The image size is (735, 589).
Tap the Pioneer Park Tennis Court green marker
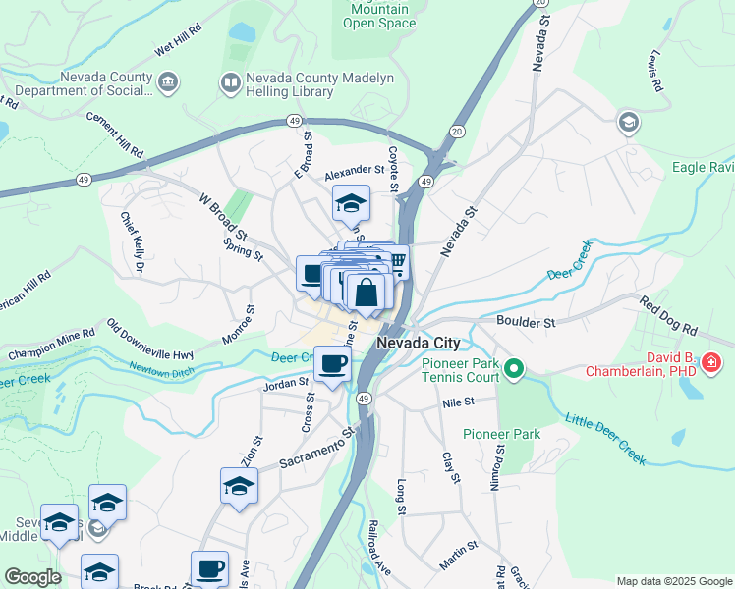[x=513, y=369]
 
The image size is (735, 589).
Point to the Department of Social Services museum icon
[x=168, y=80]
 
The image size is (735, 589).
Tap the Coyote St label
[x=393, y=169]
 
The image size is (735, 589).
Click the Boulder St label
[x=526, y=321]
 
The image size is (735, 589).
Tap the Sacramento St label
[x=315, y=448]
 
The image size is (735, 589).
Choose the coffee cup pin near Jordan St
[x=334, y=364]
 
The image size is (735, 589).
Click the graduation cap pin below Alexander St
[x=351, y=203]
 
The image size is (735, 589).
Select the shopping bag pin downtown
[x=366, y=292]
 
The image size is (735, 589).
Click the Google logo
[x=32, y=577]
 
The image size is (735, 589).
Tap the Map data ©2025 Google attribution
[x=673, y=581]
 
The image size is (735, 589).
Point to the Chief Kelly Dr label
[x=133, y=241]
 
